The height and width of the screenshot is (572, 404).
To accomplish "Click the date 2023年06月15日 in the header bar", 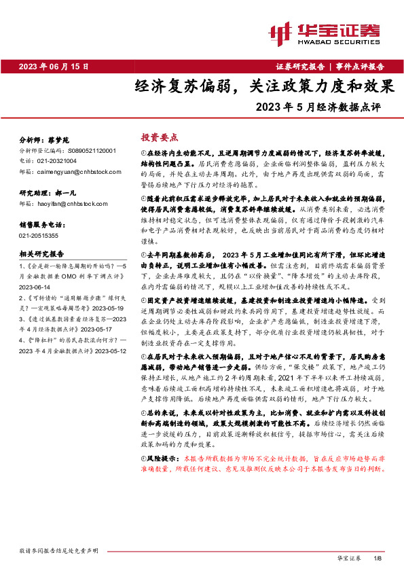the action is [54, 66].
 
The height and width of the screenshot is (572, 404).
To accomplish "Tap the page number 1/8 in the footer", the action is [378, 557].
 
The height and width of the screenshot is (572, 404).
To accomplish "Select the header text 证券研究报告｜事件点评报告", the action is [330, 66].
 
